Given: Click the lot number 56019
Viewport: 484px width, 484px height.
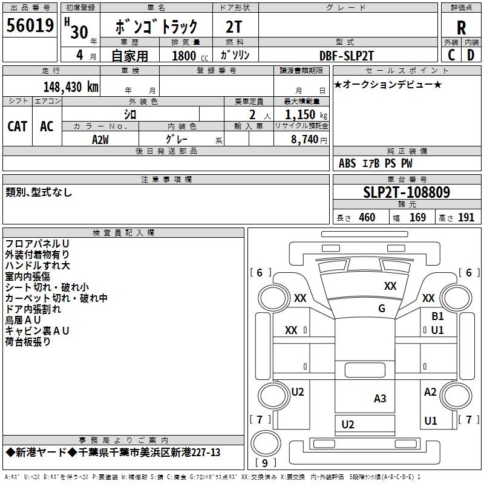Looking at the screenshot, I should coord(30,27).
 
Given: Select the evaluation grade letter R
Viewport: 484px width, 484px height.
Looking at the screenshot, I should coord(461,28).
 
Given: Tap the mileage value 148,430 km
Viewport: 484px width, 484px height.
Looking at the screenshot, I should coord(71,87).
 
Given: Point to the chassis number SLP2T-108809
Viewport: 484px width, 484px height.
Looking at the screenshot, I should coord(407,192).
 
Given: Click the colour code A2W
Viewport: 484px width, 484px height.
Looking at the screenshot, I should coord(100,139).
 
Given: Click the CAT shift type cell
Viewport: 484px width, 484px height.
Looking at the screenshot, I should coord(18,126).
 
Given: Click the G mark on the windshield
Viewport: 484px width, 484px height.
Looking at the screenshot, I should coord(382,308).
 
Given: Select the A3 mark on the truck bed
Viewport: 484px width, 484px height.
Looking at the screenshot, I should coord(380,398).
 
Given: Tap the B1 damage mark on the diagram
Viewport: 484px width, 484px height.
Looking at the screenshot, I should coord(437,316).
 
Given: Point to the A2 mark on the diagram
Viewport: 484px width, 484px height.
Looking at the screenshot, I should coord(430,392).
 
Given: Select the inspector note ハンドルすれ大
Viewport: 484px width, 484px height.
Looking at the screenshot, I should coord(38,266).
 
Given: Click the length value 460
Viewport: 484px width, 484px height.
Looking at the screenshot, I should coord(367,218).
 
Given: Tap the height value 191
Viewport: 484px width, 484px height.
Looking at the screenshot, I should coord(466,218).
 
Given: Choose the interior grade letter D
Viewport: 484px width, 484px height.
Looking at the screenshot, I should coord(471,54).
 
